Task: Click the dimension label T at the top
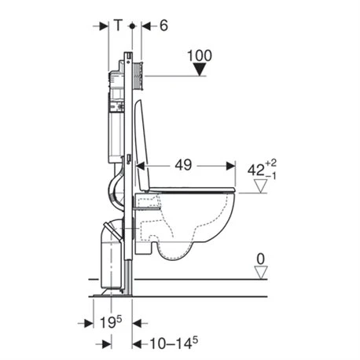click(x=118, y=25)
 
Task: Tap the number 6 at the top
click(x=163, y=26)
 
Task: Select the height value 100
click(x=200, y=56)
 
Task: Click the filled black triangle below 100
click(x=200, y=69)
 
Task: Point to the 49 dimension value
click(x=183, y=165)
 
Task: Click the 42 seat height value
click(x=256, y=171)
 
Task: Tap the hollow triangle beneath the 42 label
click(x=261, y=186)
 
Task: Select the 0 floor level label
click(x=261, y=259)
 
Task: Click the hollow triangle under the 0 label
click(x=261, y=273)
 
